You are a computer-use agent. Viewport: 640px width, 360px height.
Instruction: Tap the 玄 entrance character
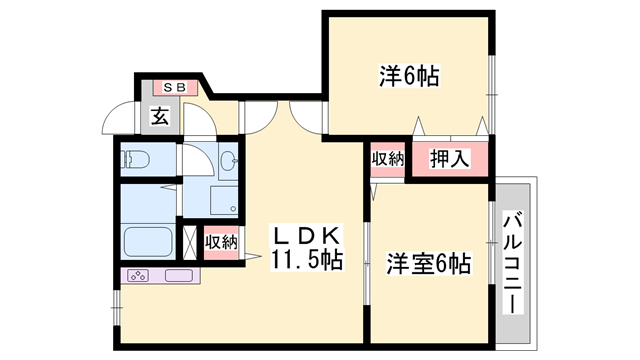coord(160,116)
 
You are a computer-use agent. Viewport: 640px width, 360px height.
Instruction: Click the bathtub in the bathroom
coord(148,243)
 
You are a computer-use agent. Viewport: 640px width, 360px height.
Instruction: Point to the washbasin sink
coord(227,159)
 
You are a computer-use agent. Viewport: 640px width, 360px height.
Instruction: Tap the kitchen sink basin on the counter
coord(179,275)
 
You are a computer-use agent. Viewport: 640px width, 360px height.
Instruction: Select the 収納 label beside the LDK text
coord(221,242)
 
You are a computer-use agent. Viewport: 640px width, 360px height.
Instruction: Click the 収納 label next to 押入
coord(388,159)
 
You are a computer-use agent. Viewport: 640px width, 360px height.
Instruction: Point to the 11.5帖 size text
coord(306,261)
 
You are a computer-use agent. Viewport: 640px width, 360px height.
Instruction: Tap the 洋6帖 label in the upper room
coord(410,75)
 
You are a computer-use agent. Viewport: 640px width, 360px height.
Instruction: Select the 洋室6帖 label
coord(429,265)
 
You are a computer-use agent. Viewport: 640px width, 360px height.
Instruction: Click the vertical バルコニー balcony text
coord(514,262)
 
